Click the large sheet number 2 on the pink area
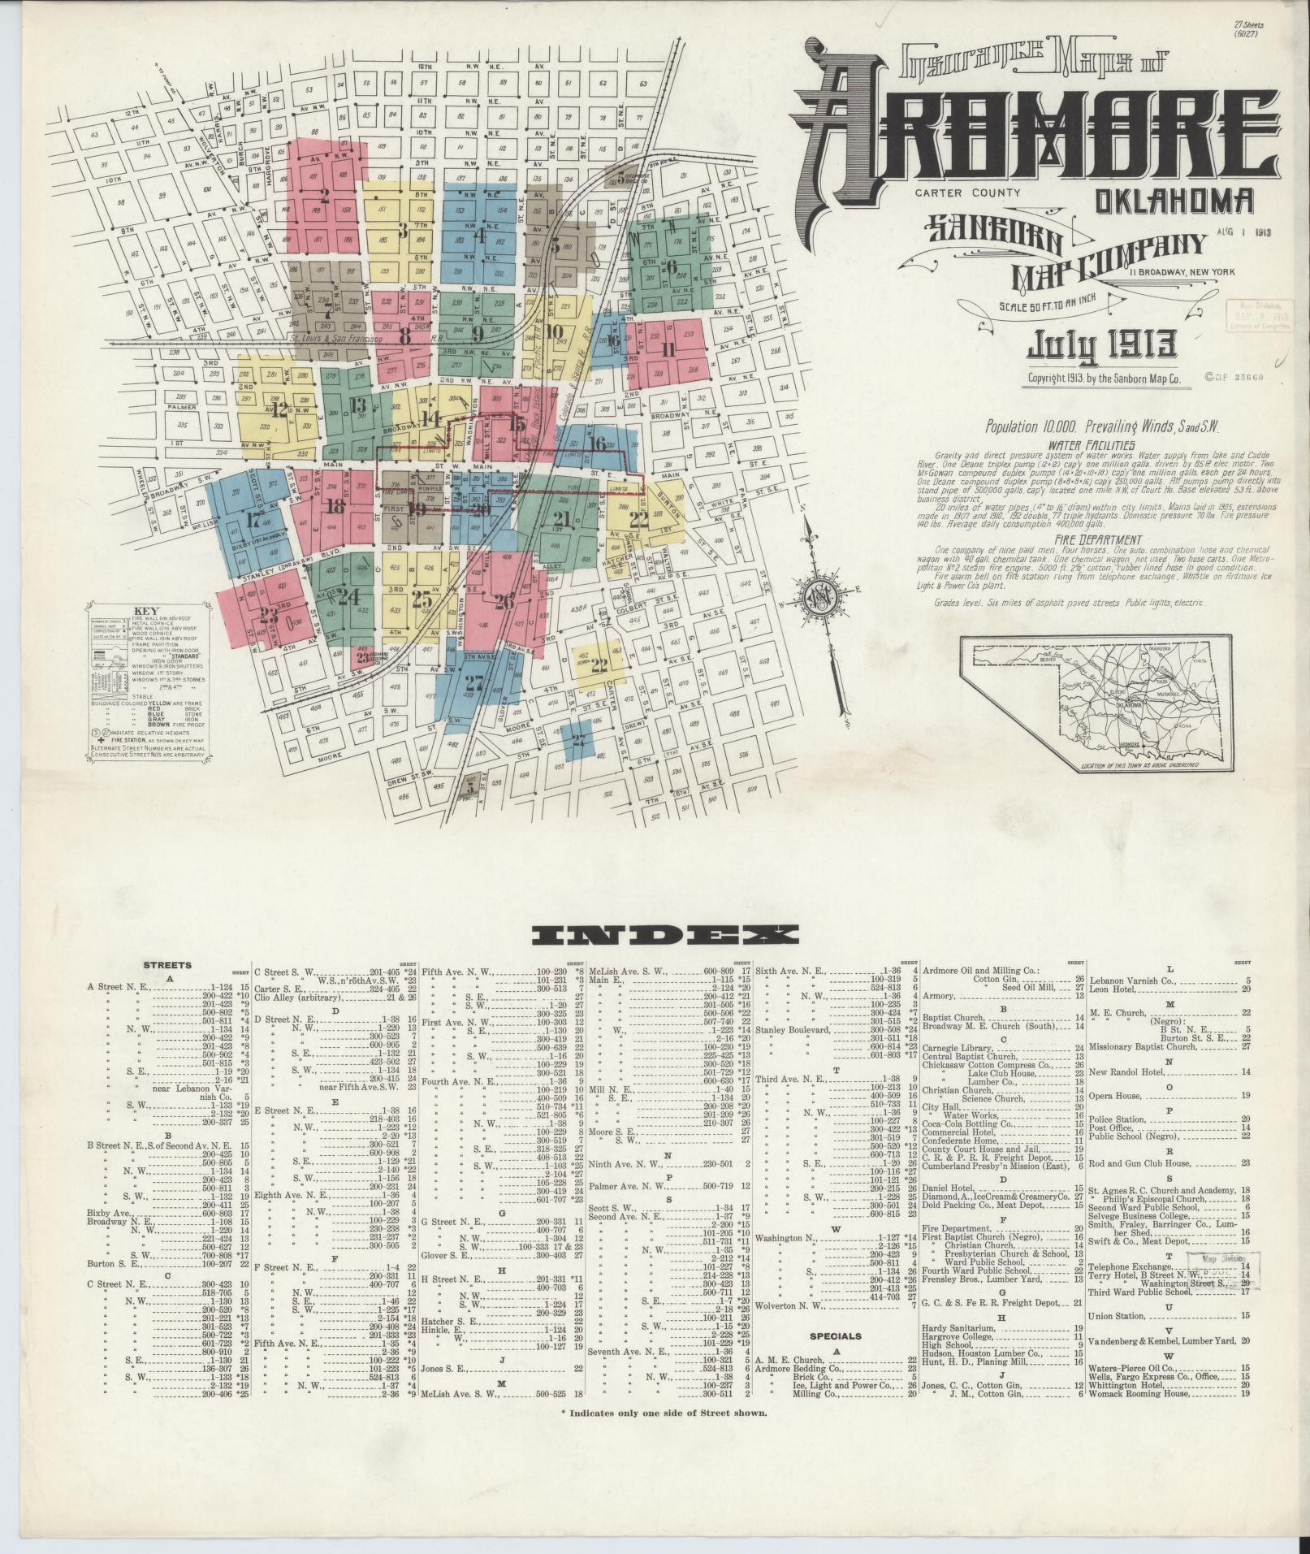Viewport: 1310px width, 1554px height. [325, 195]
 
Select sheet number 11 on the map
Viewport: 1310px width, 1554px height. [668, 350]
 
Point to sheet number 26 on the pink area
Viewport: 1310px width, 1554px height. [504, 602]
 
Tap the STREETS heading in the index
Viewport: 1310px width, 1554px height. [167, 965]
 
